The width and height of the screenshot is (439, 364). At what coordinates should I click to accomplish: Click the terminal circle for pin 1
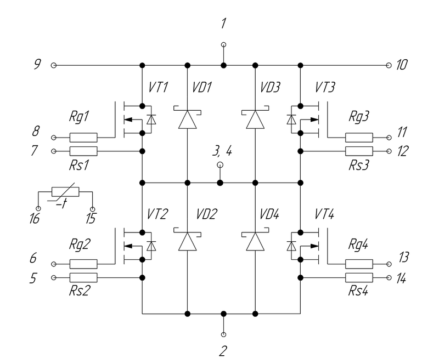(x=223, y=44)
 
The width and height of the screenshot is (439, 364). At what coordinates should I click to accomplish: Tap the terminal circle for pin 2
(x=223, y=334)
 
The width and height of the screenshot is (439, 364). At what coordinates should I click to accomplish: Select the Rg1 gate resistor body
(x=83, y=138)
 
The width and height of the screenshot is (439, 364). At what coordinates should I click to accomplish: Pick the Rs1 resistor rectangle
(x=83, y=151)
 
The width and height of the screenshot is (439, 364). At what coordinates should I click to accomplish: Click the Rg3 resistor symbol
(x=359, y=138)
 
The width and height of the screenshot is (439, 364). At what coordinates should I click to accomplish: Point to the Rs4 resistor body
(x=359, y=277)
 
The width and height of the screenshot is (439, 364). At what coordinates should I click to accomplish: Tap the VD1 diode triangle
(x=188, y=120)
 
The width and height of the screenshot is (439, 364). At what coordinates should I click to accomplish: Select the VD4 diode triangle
(x=255, y=241)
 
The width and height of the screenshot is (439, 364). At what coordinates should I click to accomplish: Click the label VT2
(x=157, y=214)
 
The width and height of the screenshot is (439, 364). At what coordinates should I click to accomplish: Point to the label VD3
(x=270, y=87)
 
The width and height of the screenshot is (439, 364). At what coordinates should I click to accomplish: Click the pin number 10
(x=402, y=65)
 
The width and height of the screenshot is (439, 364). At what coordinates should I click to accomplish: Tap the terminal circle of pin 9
(x=53, y=65)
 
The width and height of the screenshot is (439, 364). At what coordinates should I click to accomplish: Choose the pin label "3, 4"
(x=222, y=151)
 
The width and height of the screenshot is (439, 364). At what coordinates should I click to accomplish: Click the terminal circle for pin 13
(x=389, y=264)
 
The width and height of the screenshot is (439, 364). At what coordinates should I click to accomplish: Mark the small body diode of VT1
(x=151, y=120)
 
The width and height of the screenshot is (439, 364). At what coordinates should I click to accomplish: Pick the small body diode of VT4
(x=291, y=246)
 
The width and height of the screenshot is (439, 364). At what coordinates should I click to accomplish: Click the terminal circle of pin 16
(x=38, y=209)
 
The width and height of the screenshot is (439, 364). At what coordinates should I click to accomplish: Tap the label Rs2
(x=80, y=291)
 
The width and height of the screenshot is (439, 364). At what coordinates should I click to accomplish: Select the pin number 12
(x=403, y=151)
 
